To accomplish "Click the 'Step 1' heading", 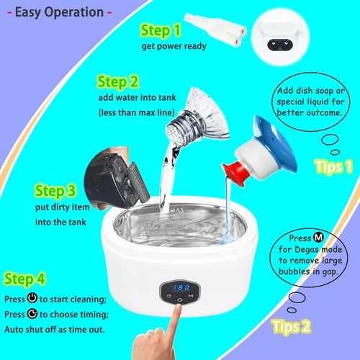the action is [x=161, y=30].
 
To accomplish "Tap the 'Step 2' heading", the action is [x=118, y=82].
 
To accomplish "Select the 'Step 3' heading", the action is [x=55, y=191].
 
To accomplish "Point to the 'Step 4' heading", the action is [x=24, y=279].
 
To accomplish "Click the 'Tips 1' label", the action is [x=333, y=166].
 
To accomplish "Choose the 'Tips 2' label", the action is [x=291, y=326].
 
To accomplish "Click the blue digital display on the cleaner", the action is [x=181, y=287].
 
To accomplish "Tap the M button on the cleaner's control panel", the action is [x=191, y=296].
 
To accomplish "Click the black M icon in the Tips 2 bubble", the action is [x=318, y=238].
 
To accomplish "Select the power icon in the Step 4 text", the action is [x=32, y=298].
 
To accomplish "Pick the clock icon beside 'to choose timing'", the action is [x=32, y=313].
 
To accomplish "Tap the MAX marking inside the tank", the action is [x=178, y=210].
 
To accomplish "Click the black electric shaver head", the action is [x=117, y=178].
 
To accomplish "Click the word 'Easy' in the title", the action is [x=29, y=12].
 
